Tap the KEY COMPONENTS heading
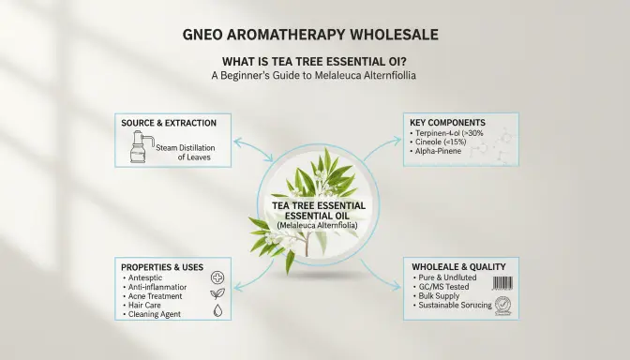pyautogui.click(x=448, y=123)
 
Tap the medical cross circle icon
pyautogui.click(x=217, y=278)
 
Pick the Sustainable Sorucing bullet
pyautogui.click(x=454, y=306)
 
